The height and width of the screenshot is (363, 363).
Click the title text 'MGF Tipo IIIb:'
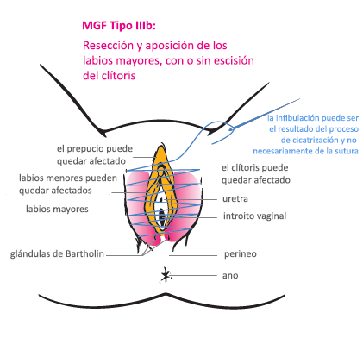tap(119, 26)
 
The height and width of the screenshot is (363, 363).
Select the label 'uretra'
tap(235, 198)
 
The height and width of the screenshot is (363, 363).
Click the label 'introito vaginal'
tap(254, 216)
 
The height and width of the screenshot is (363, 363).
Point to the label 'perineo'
tap(241, 254)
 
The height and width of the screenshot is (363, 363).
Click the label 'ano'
tap(230, 275)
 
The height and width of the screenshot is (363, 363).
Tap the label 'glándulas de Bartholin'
tap(57, 254)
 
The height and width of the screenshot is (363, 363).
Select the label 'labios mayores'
tap(57, 209)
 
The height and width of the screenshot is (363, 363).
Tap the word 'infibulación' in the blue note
tap(297, 118)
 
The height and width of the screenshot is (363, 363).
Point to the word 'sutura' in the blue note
tap(347, 151)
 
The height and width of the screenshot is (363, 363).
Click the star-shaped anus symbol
tap(166, 275)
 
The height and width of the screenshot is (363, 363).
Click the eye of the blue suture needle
tap(230, 129)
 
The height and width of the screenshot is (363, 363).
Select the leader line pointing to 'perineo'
tap(193, 255)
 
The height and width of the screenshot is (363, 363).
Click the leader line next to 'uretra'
tap(191, 199)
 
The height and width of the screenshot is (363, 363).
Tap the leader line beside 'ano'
tap(193, 275)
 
